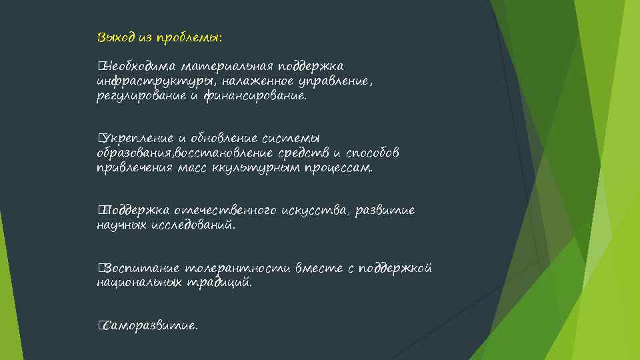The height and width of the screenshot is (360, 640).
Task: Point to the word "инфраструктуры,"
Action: click(x=146, y=81)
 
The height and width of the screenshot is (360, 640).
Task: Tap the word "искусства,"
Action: click(x=315, y=211)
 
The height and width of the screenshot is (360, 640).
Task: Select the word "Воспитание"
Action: click(x=141, y=269)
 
